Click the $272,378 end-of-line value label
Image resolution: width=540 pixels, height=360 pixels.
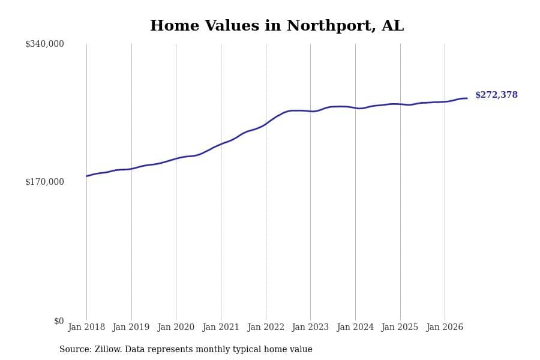(496, 95)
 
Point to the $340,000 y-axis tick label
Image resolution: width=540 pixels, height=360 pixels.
(44, 44)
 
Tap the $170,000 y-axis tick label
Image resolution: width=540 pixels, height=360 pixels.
(44, 182)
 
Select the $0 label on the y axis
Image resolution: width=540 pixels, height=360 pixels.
(59, 321)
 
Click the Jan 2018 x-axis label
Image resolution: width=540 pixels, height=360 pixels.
(86, 327)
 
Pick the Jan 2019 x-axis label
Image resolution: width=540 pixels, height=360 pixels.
(131, 327)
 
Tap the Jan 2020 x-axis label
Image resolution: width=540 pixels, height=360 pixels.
(176, 327)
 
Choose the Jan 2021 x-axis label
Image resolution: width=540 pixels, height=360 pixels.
(221, 327)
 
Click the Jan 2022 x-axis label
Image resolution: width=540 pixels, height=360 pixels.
(266, 327)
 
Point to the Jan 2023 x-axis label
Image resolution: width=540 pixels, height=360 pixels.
(310, 327)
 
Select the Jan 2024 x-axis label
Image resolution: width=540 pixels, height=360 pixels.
(355, 327)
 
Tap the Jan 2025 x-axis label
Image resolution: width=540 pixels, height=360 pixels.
(400, 327)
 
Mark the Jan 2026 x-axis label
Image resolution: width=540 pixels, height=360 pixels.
(445, 327)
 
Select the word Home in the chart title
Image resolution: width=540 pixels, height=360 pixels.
(175, 25)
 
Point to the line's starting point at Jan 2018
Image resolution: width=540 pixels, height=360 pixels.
(86, 176)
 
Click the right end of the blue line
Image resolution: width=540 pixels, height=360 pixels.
(467, 98)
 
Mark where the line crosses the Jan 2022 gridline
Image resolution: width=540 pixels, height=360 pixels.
(266, 124)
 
